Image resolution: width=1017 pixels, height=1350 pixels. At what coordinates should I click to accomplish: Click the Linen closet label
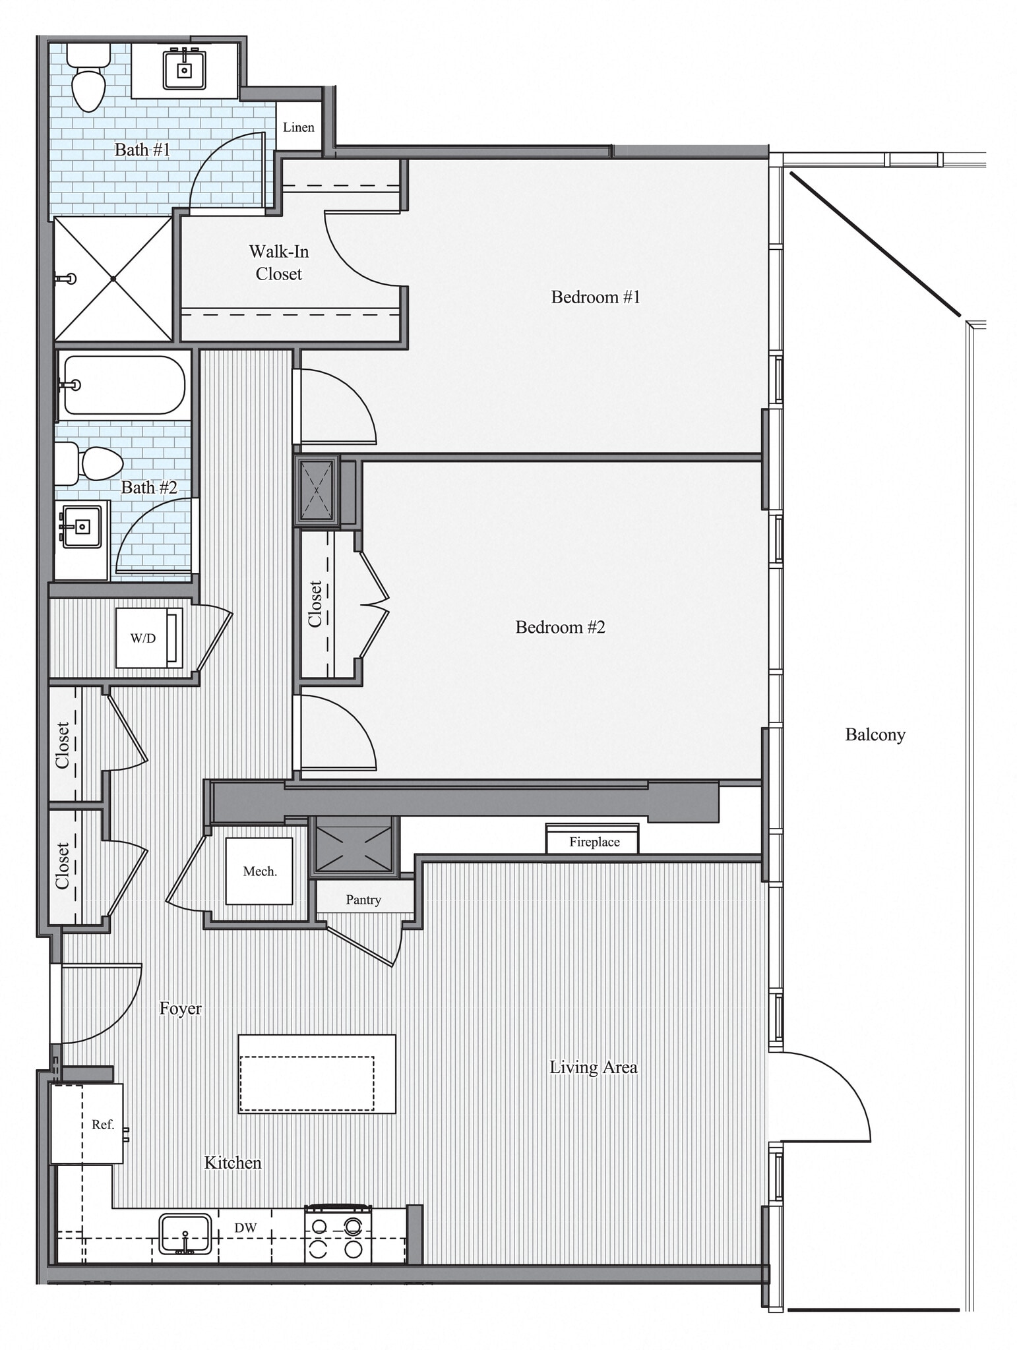tap(298, 127)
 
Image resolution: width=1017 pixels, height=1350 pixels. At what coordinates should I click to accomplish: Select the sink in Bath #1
tap(184, 70)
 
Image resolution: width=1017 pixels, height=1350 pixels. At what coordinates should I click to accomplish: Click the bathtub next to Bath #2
tap(123, 385)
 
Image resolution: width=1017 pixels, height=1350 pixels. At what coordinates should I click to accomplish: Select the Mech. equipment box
tap(259, 871)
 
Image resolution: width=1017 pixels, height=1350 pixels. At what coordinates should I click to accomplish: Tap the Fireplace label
tap(594, 842)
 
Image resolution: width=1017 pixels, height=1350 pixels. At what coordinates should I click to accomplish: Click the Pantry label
tap(363, 900)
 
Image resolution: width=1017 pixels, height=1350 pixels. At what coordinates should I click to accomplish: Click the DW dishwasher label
tap(245, 1227)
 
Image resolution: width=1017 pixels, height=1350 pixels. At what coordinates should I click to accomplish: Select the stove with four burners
tap(338, 1234)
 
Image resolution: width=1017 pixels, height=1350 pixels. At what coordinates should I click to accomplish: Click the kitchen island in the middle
tap(317, 1074)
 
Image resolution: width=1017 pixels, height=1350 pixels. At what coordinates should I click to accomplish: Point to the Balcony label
tap(875, 734)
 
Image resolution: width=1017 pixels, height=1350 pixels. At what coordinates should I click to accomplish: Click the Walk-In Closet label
tap(278, 262)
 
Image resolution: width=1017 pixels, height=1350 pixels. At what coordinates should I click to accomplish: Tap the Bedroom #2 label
tap(560, 627)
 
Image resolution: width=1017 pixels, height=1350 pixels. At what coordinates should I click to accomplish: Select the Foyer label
tap(180, 1008)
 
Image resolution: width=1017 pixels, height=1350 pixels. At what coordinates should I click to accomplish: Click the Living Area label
tap(593, 1067)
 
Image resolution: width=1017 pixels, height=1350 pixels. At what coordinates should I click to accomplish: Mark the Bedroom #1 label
tap(595, 297)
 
